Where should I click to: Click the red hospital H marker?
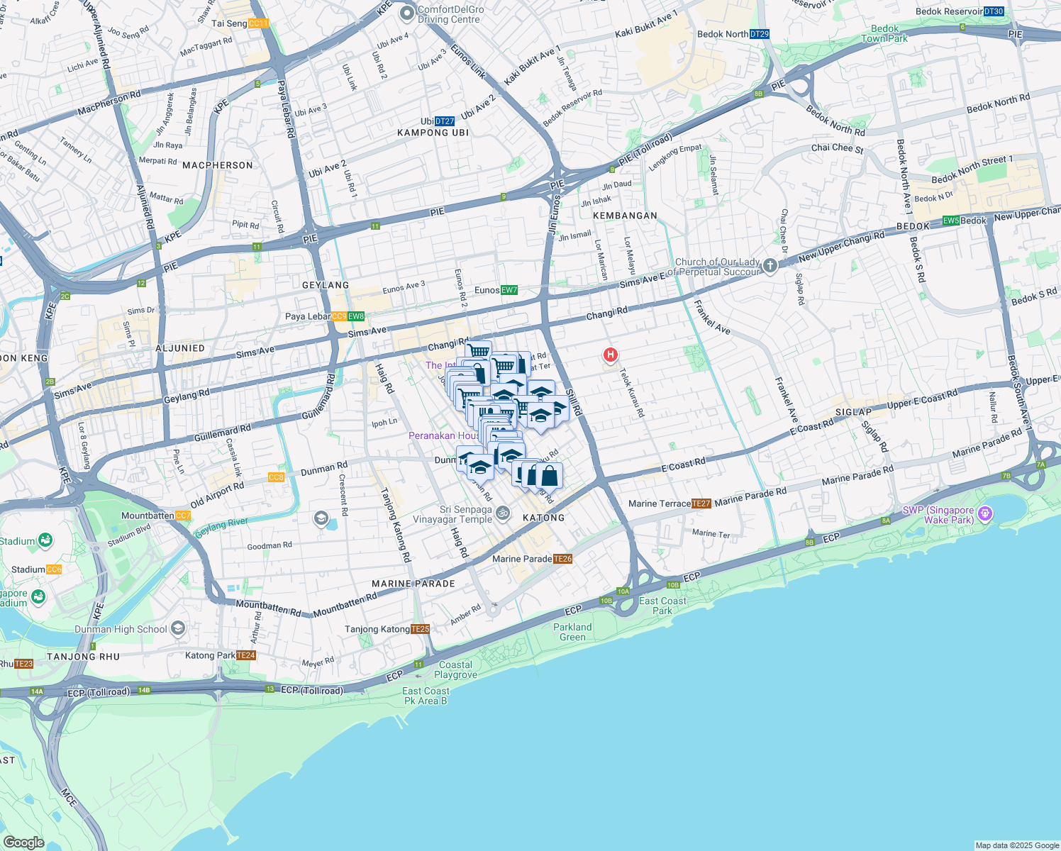point(610,355)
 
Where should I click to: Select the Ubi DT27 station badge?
point(445,121)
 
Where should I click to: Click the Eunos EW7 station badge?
point(509,290)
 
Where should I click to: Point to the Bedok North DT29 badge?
point(759,34)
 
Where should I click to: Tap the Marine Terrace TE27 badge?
point(701,504)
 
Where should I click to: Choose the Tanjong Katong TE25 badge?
point(421,629)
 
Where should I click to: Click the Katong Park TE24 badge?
point(245,655)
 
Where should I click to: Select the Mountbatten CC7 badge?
point(183,516)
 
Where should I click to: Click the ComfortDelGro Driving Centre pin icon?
point(407,13)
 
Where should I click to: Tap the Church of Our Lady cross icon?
point(770,266)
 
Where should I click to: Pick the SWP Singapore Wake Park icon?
point(984,514)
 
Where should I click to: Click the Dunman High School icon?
point(178,628)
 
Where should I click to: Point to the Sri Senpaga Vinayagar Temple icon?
point(503,513)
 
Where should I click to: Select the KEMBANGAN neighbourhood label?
point(625,216)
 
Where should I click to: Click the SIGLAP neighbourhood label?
point(853,412)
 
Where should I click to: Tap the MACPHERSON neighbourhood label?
point(218,165)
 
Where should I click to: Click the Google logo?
point(23,842)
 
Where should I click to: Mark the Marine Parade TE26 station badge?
point(562,559)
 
